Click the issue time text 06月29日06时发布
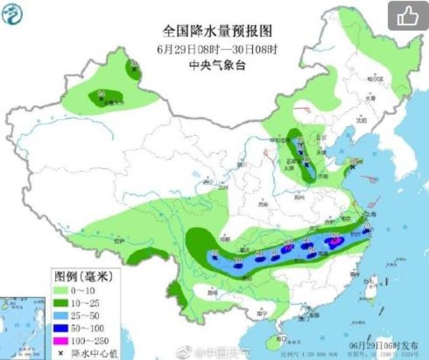tap(384, 345)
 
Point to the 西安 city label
tap(262, 205)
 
